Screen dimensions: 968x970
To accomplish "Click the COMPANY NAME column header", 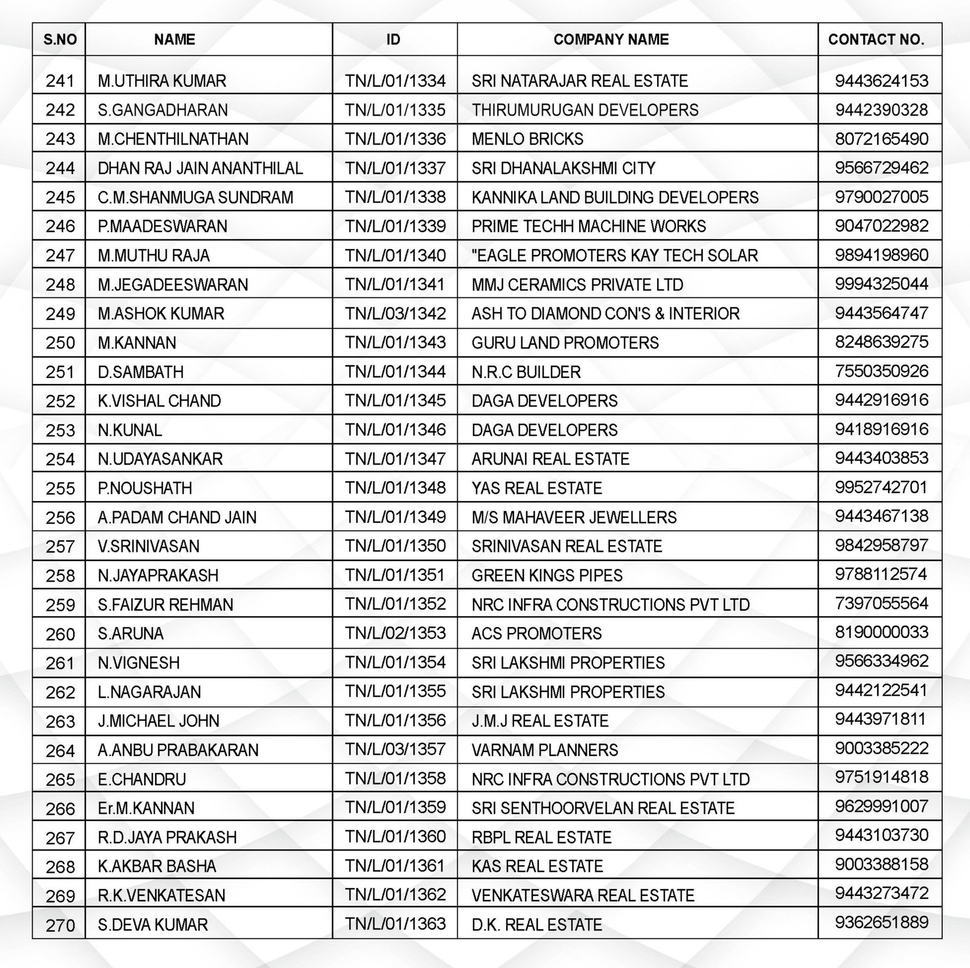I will point(611,40).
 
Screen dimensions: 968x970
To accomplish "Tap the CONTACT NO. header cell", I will point(876,40).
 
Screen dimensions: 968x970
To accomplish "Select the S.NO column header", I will point(60,40).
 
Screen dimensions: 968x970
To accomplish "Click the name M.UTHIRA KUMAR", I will point(162,81).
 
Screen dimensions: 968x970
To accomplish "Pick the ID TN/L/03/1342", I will point(395,314).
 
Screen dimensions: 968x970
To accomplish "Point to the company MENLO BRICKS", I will point(527,139).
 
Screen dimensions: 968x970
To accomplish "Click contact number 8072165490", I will point(881,139).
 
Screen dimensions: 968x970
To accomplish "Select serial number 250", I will point(60,343).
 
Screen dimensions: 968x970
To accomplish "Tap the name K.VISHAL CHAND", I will point(159,401).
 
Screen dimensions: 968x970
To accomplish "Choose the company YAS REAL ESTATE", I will point(537,488).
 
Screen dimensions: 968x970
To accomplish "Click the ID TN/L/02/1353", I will point(395,633).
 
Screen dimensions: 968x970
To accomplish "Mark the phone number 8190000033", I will point(881,632).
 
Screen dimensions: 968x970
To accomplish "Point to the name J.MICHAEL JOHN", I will point(159,721).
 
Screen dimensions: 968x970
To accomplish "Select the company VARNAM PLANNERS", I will point(545,750).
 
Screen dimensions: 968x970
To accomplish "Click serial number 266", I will point(60,809).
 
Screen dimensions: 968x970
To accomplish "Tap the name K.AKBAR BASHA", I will point(157,866).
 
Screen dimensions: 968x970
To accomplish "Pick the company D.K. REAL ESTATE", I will point(537,925).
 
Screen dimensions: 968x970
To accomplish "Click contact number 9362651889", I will point(881,923).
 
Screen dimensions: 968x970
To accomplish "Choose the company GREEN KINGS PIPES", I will point(547,575).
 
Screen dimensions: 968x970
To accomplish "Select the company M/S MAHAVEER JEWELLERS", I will point(574,517).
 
